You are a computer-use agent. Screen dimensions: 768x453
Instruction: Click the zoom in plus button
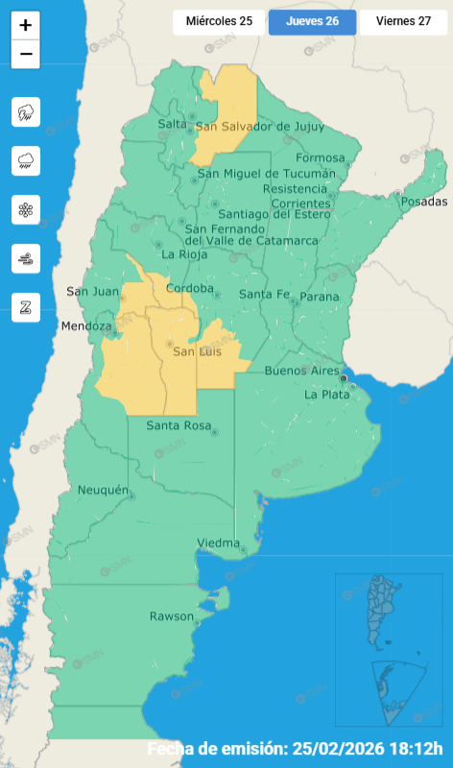coord(26,25)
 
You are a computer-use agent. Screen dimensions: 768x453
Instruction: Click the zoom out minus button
coord(26,54)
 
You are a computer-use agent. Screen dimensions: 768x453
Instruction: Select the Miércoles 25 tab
coord(219,21)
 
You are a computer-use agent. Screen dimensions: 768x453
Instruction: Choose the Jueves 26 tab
coord(312,21)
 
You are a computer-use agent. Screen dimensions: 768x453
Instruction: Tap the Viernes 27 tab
coord(403,21)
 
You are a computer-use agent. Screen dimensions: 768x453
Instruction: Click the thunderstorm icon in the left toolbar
coord(26,112)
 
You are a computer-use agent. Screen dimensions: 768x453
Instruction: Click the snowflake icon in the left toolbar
coord(26,209)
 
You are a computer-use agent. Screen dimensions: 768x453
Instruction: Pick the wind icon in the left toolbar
coord(26,258)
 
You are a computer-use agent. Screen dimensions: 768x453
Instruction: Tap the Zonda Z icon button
coord(26,307)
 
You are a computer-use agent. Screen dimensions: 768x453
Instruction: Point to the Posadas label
coord(423,202)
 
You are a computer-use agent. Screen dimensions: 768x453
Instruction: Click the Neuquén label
coord(103,490)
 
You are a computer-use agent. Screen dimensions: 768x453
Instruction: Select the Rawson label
coord(171,615)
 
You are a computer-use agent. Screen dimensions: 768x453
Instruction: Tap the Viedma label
coord(218,543)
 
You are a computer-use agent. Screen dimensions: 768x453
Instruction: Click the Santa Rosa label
coord(179,425)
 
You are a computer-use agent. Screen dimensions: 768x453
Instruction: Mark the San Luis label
coord(197,352)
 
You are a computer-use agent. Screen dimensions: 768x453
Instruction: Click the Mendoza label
coord(86,326)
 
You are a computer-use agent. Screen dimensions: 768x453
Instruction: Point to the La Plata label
coord(326,394)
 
